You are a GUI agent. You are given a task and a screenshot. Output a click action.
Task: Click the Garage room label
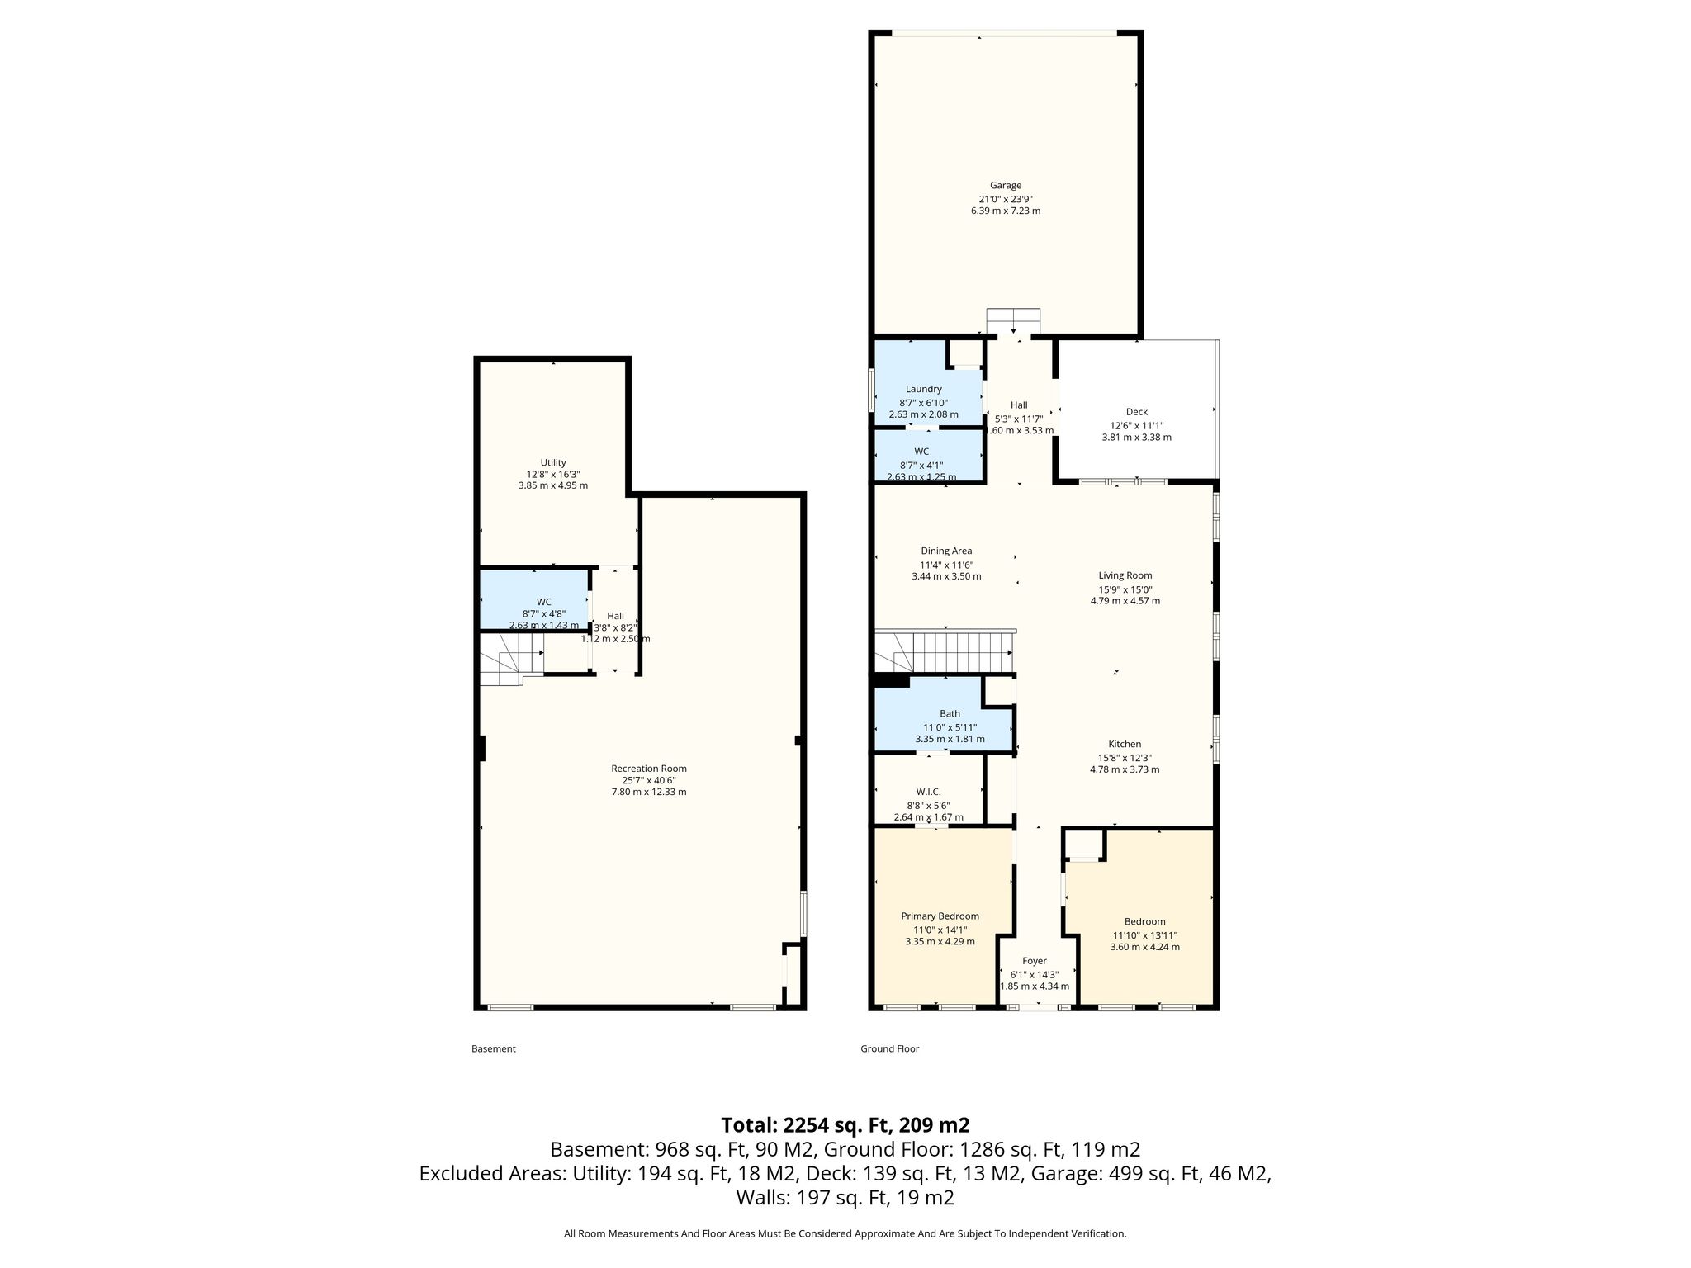pos(1006,186)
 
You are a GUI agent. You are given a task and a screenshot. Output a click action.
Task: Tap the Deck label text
pos(1137,412)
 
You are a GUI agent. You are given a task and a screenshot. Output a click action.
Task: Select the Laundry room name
pos(923,389)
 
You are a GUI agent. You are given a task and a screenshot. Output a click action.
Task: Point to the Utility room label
pos(553,462)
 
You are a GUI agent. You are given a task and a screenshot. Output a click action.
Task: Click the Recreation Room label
pos(649,769)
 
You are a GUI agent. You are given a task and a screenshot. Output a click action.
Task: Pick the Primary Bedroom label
pos(940,916)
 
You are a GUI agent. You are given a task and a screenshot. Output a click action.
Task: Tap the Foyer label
pos(1035,961)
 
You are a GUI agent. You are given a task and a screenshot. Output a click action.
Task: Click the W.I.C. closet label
pos(929,792)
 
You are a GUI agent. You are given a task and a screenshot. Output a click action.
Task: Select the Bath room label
pos(950,713)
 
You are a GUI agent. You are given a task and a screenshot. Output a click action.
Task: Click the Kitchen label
pos(1125,744)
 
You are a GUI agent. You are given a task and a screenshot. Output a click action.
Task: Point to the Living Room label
pos(1125,575)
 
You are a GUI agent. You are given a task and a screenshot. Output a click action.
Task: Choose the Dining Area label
pos(946,551)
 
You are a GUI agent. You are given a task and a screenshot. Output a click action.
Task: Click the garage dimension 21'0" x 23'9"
pos(1006,199)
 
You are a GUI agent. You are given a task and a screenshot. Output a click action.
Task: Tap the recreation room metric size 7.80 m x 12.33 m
pos(649,792)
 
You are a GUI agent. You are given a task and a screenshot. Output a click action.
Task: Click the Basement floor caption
pos(494,1048)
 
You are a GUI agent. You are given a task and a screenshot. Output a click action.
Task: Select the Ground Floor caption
pos(890,1048)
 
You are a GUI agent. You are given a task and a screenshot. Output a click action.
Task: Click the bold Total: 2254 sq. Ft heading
pos(845,1125)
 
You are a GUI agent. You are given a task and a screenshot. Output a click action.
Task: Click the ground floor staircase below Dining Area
pos(945,652)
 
